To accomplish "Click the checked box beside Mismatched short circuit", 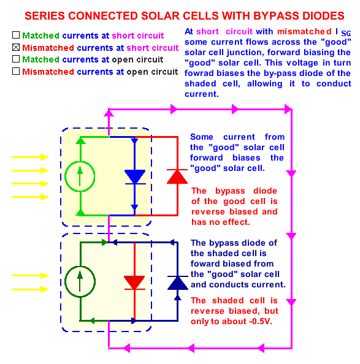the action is click(16, 47).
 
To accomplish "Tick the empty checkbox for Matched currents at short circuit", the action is click(16, 35).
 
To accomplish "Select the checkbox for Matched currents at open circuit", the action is click(16, 59).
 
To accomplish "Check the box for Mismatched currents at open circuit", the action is click(16, 71).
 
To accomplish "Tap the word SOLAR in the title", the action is click(159, 16).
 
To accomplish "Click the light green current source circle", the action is click(80, 176).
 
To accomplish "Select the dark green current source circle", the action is click(80, 282).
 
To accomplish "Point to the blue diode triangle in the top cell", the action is click(135, 176).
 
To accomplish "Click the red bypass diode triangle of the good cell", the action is click(177, 177).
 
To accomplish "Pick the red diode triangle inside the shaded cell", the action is click(134, 282).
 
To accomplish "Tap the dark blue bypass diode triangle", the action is click(178, 283).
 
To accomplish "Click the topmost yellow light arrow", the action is click(30, 157).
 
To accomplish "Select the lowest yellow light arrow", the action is click(30, 289).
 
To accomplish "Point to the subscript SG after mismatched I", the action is click(346, 34).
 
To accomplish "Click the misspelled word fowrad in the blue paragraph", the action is click(199, 74).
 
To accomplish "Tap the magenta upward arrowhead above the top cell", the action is click(109, 113).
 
